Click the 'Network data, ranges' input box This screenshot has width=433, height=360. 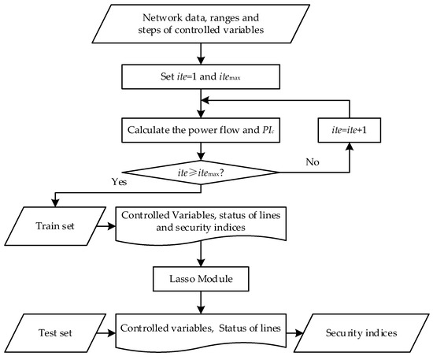click(x=203, y=24)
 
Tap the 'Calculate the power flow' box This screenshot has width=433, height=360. click(x=203, y=129)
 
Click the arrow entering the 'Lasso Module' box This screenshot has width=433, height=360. click(x=203, y=254)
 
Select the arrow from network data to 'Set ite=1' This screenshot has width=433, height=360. click(x=203, y=55)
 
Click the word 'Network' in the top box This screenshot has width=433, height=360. click(x=166, y=17)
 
